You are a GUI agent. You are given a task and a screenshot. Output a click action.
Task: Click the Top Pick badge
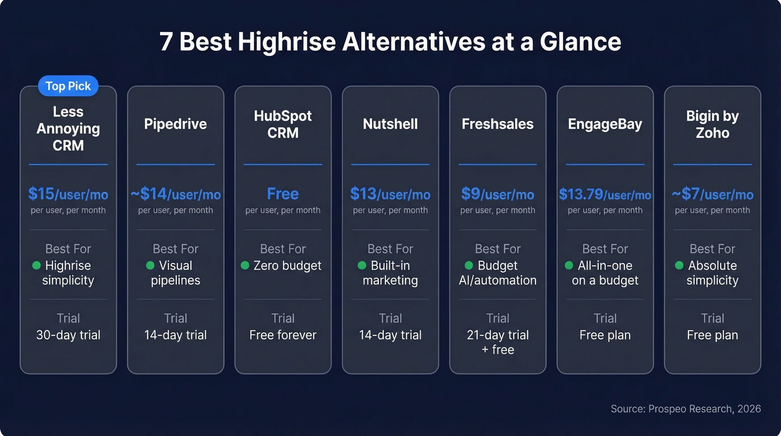point(68,86)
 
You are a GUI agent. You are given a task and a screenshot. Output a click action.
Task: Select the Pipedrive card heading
point(175,124)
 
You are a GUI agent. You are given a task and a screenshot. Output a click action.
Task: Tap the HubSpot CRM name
point(283,124)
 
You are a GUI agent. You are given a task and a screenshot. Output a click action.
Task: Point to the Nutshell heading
point(390,124)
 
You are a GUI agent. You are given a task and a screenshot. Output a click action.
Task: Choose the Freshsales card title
point(498,124)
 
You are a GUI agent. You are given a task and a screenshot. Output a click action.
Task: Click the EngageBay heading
point(605,124)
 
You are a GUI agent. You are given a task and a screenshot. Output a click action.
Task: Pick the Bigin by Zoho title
point(712,124)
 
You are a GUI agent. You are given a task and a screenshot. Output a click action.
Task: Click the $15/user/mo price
point(68,194)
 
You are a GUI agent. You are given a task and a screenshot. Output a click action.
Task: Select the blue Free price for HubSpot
point(283,194)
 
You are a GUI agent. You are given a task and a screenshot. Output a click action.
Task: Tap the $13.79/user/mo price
point(605,194)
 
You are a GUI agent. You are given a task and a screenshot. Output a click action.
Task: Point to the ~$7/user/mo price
point(712,194)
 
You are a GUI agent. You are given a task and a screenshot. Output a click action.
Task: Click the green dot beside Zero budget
point(245,265)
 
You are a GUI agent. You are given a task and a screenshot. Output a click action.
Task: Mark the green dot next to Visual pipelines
point(150,265)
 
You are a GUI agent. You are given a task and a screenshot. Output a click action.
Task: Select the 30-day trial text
point(68,335)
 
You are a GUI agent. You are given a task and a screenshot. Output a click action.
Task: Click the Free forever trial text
point(283,335)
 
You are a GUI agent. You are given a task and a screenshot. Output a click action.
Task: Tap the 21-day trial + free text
point(498,342)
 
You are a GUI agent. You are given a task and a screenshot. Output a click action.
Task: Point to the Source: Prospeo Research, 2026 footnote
point(686,409)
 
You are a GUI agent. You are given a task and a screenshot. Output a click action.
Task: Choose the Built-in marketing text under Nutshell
point(390,273)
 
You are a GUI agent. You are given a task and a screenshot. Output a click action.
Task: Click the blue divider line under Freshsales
point(498,164)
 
